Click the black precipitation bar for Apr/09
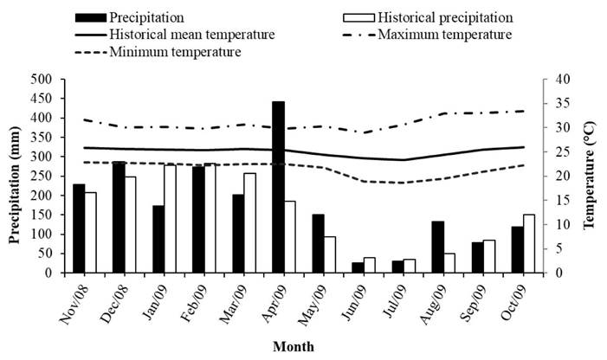278,187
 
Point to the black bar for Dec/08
118,217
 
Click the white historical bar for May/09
330,254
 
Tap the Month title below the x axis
294,347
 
